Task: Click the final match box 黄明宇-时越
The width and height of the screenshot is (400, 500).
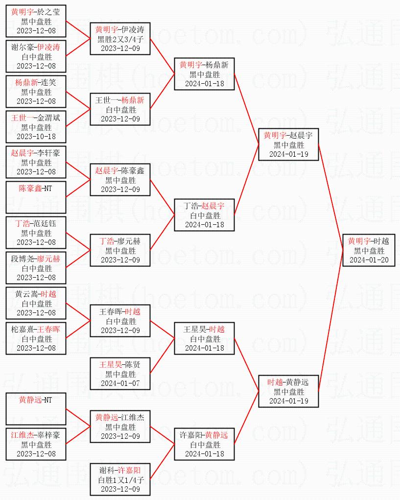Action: pos(369,250)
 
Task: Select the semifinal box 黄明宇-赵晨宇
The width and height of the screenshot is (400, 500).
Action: pos(288,144)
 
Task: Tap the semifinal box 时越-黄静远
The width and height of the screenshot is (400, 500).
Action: pos(288,391)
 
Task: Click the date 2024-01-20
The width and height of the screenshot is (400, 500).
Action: pos(369,260)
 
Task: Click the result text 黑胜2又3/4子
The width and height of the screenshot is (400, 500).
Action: pos(120,39)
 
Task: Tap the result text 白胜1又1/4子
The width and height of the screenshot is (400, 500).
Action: pos(120,480)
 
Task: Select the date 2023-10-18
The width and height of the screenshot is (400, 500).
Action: pos(36,136)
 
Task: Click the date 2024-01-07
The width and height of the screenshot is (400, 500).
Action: pos(120,383)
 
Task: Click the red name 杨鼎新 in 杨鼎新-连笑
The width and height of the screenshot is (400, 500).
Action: pos(26,82)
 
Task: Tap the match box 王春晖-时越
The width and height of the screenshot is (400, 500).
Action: pos(120,321)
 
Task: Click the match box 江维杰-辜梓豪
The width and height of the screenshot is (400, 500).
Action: pos(36,444)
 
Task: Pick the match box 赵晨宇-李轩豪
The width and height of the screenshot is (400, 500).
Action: pos(36,162)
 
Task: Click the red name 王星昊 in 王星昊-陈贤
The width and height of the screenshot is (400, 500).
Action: pos(110,364)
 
